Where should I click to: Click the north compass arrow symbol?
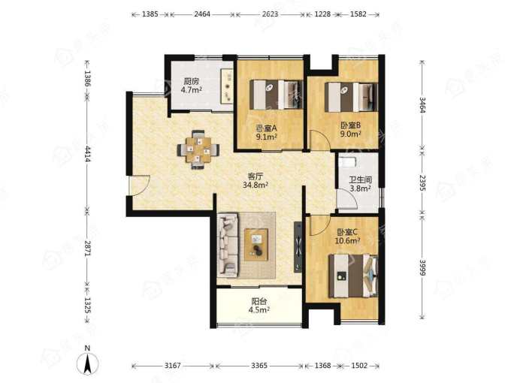(x=87, y=362)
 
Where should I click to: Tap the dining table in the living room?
(x=198, y=149)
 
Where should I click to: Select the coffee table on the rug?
(x=256, y=245)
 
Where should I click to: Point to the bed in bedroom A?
(x=277, y=95)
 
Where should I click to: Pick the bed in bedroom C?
(x=354, y=276)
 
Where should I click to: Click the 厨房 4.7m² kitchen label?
(x=192, y=86)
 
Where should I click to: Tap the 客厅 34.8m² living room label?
(x=255, y=181)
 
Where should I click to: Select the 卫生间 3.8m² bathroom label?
(x=361, y=184)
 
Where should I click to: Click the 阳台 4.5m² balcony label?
(x=259, y=306)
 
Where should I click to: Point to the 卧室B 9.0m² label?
(x=351, y=129)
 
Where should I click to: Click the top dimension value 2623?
(x=271, y=14)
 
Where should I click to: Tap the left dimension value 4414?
(x=87, y=154)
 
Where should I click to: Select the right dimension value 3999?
(x=422, y=267)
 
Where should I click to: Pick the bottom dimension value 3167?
(x=172, y=366)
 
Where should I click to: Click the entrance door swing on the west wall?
(x=141, y=186)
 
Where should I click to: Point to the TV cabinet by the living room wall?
(x=298, y=247)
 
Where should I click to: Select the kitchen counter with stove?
(x=227, y=86)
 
